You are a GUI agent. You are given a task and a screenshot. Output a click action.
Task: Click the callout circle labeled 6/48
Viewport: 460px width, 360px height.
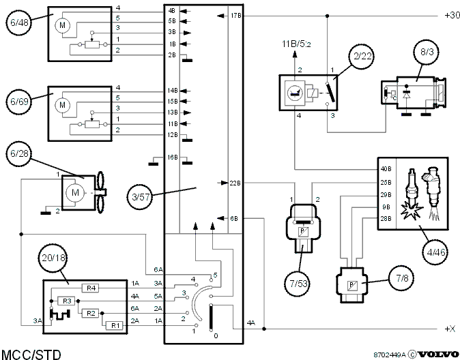click(19, 22)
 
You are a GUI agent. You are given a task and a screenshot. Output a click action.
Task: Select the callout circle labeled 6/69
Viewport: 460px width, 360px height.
click(19, 102)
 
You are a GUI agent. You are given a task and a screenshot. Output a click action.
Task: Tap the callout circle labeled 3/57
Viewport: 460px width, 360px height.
click(141, 197)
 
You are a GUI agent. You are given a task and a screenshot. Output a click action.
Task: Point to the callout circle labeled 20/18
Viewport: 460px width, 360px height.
click(53, 258)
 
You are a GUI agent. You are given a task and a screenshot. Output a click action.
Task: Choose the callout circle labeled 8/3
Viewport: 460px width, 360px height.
click(427, 52)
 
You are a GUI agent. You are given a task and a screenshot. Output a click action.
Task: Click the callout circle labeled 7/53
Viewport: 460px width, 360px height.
click(298, 284)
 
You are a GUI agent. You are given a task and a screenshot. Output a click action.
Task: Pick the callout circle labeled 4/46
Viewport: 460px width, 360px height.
click(435, 252)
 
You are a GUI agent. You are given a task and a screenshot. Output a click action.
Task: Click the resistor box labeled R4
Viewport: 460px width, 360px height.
click(91, 288)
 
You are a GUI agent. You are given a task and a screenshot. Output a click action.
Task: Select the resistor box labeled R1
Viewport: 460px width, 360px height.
click(115, 325)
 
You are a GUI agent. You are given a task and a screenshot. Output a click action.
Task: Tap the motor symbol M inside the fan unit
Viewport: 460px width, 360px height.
click(75, 192)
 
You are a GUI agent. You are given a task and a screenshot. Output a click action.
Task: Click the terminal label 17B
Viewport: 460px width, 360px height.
click(235, 16)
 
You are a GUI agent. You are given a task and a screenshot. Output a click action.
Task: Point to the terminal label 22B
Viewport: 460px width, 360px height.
click(235, 183)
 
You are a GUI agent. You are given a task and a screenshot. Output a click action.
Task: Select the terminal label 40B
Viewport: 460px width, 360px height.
click(386, 169)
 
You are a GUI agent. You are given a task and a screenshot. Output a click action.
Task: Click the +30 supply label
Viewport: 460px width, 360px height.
click(452, 15)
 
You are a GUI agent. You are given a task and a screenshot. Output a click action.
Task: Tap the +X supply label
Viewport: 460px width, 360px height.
click(450, 329)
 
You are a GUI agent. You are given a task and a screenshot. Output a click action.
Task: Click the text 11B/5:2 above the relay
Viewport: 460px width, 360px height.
click(296, 44)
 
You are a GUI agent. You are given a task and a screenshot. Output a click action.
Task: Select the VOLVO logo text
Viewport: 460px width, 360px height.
click(438, 355)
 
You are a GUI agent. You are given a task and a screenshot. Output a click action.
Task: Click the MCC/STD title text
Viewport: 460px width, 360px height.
click(31, 354)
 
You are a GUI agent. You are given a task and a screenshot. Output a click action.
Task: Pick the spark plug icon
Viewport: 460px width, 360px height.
click(412, 194)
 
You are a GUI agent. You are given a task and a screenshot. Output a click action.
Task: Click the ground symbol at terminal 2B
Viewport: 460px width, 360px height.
click(187, 61)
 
